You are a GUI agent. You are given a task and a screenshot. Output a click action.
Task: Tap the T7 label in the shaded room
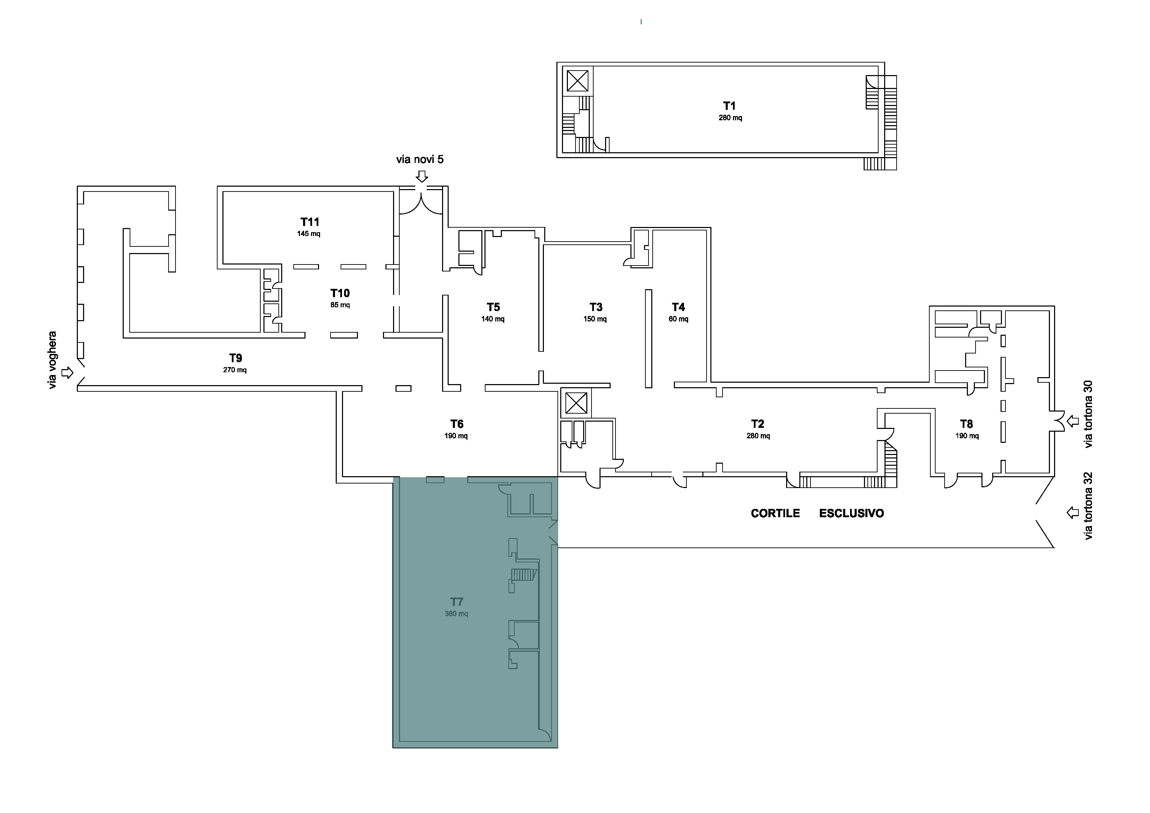[456, 602]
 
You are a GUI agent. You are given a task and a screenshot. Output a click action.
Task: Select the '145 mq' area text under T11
[309, 234]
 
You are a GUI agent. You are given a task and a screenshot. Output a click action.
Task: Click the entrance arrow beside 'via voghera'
[67, 373]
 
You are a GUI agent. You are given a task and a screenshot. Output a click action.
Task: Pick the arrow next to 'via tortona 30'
[1073, 421]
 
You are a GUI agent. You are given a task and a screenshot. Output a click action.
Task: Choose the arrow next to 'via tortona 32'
[1073, 512]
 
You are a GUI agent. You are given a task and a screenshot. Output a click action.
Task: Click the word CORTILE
[775, 513]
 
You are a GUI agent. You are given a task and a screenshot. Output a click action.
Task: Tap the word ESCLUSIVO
[851, 513]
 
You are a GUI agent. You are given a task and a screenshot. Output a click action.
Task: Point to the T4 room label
[678, 307]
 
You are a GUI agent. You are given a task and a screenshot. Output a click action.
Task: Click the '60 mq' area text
[678, 319]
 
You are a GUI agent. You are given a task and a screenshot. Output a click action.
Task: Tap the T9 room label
[235, 358]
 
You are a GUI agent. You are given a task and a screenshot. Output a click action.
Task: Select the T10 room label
[340, 293]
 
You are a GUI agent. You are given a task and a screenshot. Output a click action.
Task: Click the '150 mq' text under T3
[595, 319]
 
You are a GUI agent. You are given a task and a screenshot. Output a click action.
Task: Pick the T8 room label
[966, 424]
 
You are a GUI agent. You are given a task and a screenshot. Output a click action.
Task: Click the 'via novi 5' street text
[420, 159]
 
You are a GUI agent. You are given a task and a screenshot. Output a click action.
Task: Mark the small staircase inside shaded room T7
[524, 575]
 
